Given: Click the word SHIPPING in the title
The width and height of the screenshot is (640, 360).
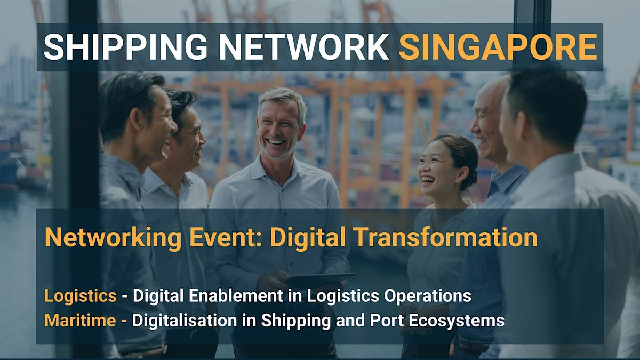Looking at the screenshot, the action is point(125,47).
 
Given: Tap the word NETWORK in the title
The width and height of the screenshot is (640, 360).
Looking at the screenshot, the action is point(303,47).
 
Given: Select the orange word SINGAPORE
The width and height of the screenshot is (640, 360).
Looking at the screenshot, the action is point(498,47).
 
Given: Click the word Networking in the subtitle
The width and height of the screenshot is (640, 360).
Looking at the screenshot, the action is point(113,238).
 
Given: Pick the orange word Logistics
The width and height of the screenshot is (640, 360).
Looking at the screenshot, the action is point(81,295).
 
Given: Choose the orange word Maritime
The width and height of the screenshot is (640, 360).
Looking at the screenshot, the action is point(81,321).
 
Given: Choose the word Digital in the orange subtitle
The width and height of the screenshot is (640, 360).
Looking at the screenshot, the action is point(309,238).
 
